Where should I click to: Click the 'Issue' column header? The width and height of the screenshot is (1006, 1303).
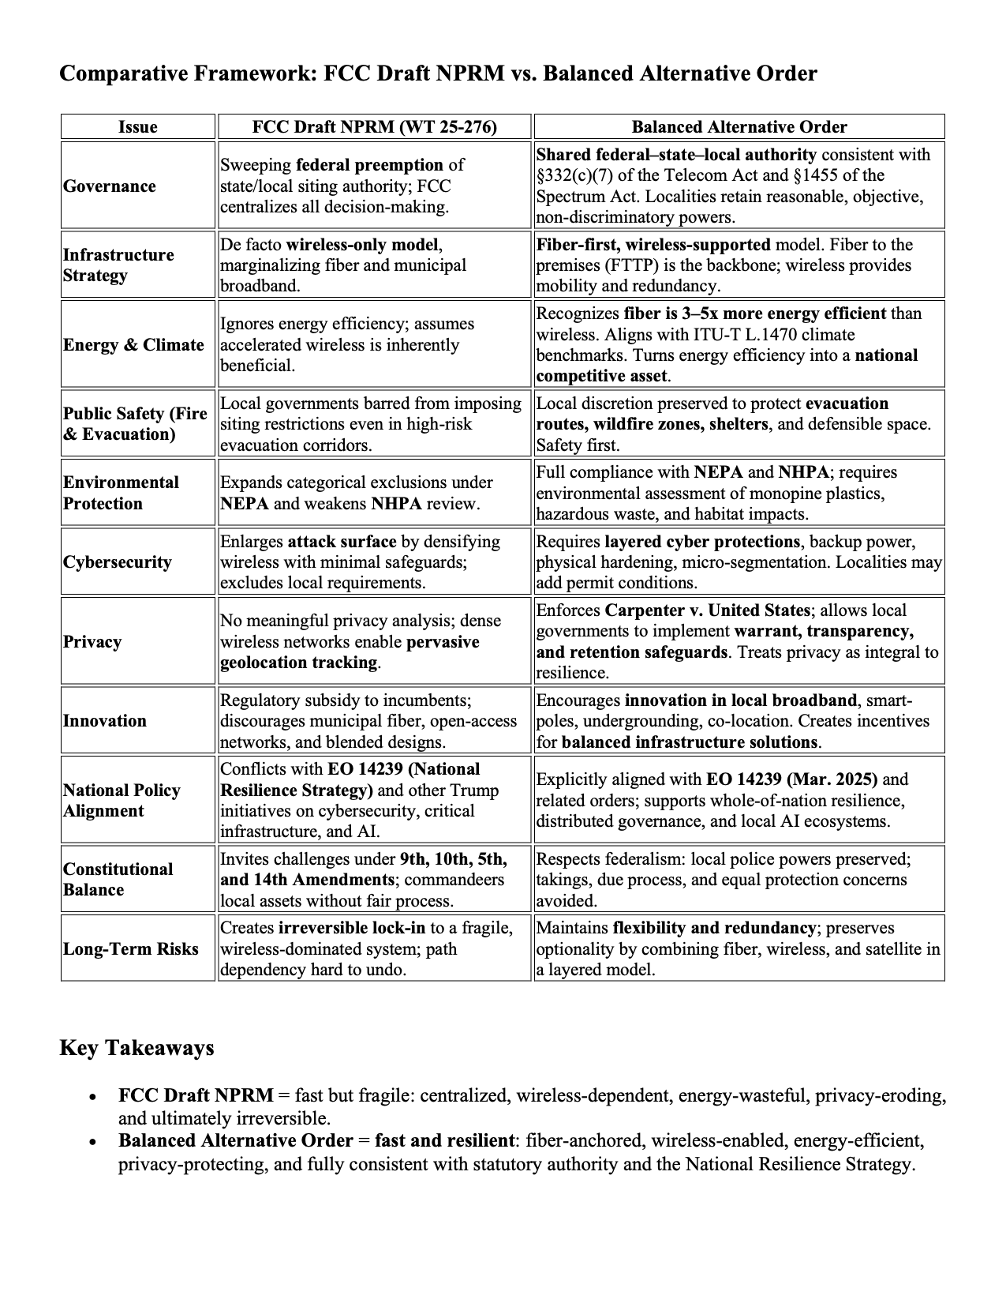click(x=138, y=127)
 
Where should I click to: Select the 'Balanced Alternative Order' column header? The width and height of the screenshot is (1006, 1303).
click(x=739, y=127)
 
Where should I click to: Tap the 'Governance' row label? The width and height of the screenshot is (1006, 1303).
click(x=110, y=186)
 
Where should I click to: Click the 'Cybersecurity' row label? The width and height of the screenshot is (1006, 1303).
click(x=118, y=562)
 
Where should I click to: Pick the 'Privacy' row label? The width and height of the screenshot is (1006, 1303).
click(x=92, y=641)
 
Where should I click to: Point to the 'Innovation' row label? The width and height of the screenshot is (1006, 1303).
click(x=105, y=721)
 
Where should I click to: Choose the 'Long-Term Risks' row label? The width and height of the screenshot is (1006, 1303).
click(x=131, y=948)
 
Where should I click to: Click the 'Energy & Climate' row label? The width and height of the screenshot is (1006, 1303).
click(x=133, y=345)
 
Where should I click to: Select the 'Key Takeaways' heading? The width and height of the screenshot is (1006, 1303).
click(x=137, y=1048)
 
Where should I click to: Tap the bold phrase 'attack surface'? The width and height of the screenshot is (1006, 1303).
click(x=342, y=542)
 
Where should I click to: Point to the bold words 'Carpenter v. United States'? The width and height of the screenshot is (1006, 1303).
click(x=707, y=610)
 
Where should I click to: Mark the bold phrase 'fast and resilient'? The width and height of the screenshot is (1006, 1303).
click(x=444, y=1140)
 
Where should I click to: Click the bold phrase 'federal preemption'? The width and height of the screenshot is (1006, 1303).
click(x=369, y=165)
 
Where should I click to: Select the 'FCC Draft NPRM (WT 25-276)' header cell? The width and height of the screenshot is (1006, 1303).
click(x=375, y=127)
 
